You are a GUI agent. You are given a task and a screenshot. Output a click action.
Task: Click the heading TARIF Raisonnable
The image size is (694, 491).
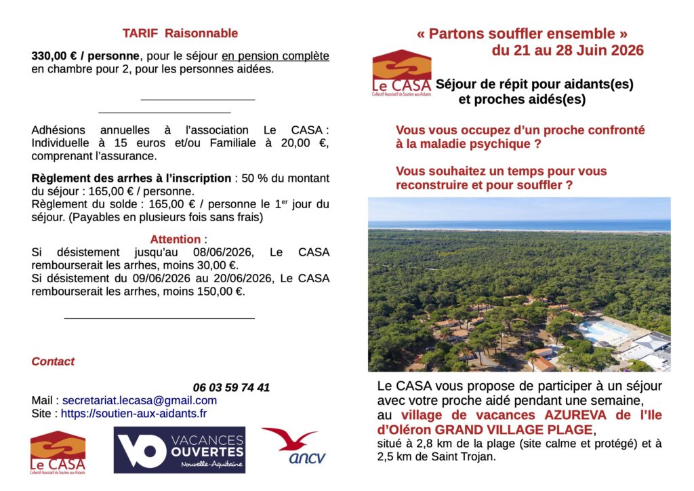tap(180, 33)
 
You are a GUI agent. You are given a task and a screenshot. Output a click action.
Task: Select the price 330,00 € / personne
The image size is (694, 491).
tap(84, 56)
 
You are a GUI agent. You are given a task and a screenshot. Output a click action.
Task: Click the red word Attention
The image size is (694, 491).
tap(176, 239)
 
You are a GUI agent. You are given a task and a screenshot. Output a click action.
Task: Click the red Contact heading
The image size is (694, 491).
tap(53, 361)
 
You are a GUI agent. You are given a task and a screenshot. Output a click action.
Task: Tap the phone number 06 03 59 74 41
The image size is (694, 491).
tap(231, 388)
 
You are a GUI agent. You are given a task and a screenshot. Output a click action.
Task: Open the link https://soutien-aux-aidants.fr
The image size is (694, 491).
tap(134, 413)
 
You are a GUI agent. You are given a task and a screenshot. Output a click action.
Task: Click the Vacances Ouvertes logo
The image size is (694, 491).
tap(179, 450)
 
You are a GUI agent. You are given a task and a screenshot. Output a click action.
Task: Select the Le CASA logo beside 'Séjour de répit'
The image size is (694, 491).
tap(401, 73)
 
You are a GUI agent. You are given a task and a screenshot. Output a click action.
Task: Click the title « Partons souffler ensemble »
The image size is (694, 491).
tap(522, 33)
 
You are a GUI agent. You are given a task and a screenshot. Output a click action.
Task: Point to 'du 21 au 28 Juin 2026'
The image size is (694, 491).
tap(567, 50)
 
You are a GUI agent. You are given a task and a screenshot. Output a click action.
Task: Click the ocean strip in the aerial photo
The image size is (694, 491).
tap(519, 224)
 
